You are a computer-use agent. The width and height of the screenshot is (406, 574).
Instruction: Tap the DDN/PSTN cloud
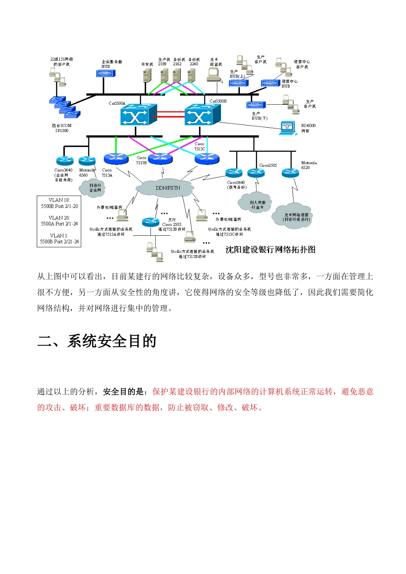[x=168, y=188]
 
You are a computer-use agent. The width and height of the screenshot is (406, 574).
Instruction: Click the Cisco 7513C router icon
[x=207, y=159]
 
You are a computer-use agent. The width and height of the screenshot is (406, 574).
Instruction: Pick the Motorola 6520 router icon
[x=290, y=173]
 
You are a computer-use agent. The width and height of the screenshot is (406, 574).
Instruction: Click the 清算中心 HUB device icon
[x=271, y=83]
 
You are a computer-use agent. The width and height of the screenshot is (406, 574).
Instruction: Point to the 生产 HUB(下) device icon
[x=256, y=105]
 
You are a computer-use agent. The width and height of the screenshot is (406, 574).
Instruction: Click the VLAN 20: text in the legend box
[x=59, y=218]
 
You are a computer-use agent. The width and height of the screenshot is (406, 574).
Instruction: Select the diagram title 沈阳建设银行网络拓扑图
[x=270, y=250]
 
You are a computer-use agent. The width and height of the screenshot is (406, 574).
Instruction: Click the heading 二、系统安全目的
[x=97, y=341]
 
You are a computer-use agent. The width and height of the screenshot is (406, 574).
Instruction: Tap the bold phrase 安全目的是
[x=124, y=392]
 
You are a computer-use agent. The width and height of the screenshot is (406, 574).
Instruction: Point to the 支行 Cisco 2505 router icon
[x=150, y=221]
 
